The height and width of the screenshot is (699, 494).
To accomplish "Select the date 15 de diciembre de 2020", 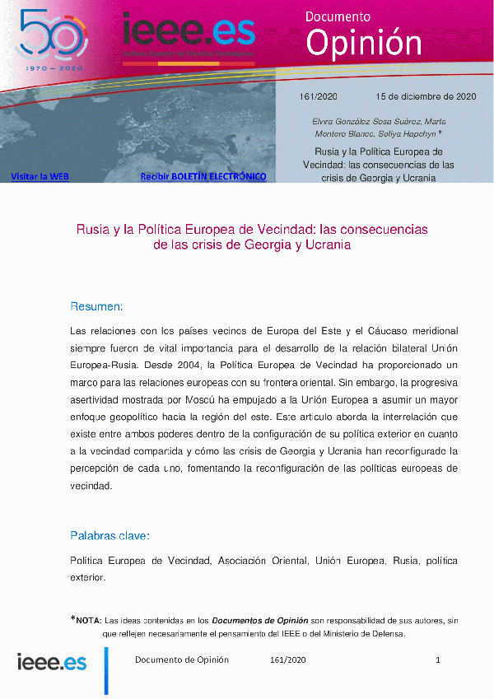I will point(426,96).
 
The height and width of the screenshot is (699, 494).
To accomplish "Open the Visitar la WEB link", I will point(40,176).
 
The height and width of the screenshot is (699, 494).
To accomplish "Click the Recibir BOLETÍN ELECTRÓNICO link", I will point(203,176).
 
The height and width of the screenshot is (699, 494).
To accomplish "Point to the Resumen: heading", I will point(96,307).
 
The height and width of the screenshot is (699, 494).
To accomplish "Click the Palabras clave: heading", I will point(110,536).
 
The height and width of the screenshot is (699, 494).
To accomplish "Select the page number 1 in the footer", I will point(438,660).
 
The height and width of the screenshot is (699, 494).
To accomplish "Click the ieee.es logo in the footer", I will point(52,661).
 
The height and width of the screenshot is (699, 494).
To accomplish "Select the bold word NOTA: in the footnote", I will point(88,620).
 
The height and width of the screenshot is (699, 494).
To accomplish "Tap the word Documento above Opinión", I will point(338,16).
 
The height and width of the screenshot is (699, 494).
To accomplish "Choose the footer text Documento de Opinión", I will point(182,660).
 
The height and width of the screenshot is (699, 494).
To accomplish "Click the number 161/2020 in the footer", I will point(288,660).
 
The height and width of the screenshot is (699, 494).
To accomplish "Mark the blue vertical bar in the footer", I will point(106,669).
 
